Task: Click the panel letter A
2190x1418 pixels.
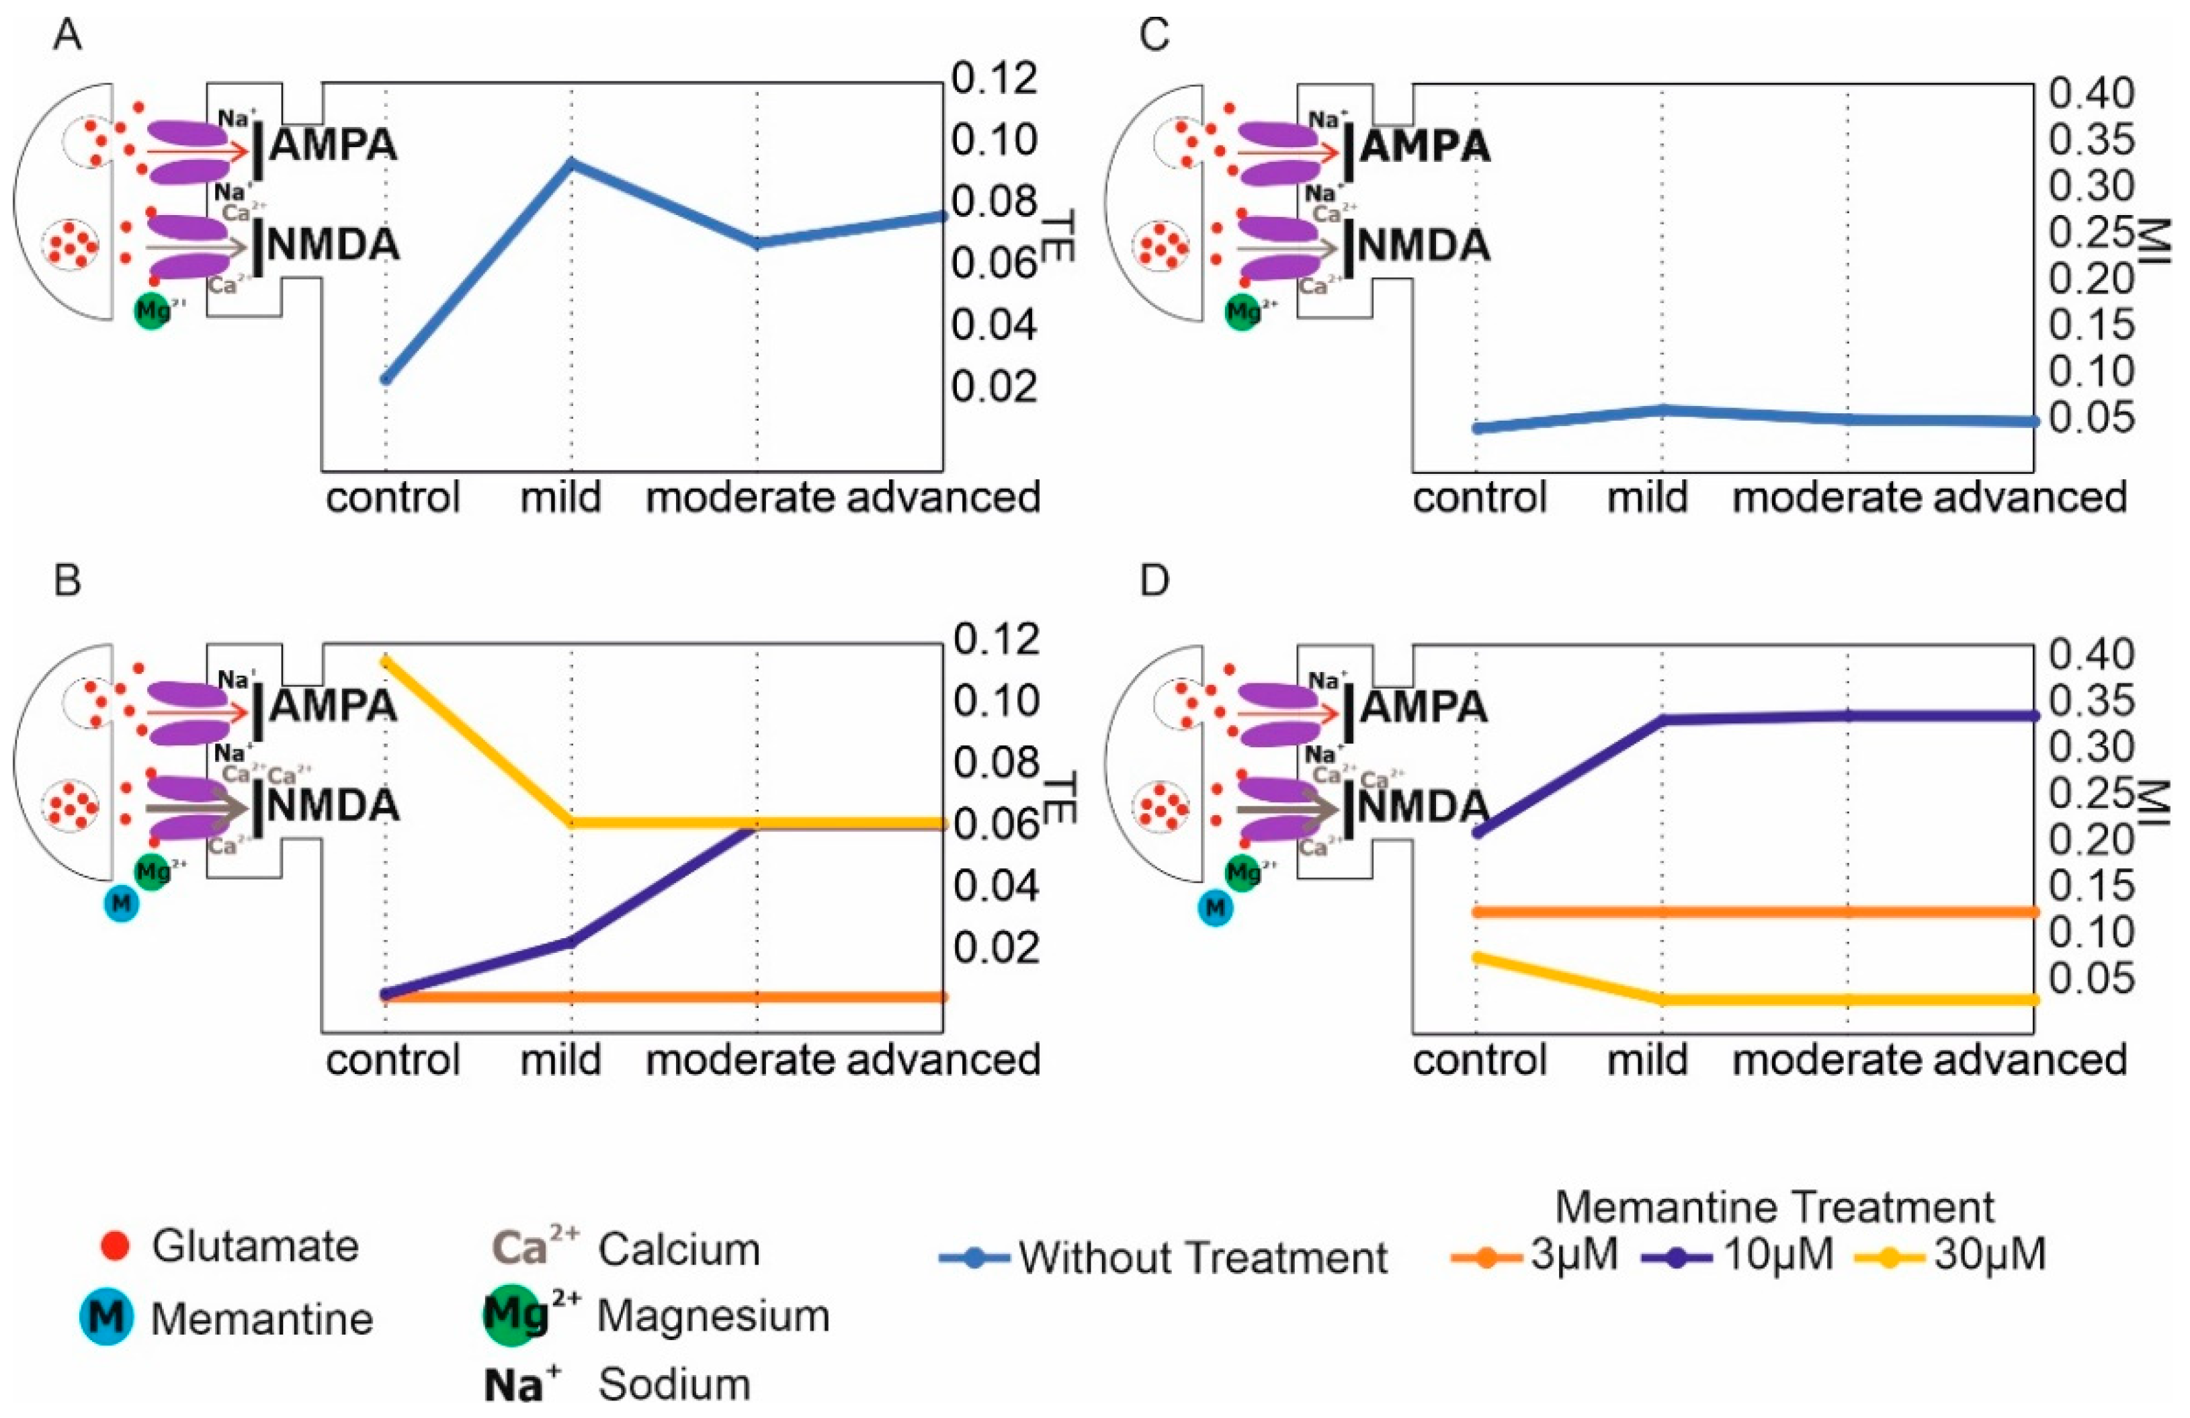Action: point(67,36)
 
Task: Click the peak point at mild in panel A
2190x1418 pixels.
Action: point(571,163)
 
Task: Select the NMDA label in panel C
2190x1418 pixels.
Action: point(1423,246)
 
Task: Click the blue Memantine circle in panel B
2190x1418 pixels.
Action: point(122,905)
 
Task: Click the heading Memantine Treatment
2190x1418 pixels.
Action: point(1774,1206)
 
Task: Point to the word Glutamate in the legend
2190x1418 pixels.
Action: point(255,1246)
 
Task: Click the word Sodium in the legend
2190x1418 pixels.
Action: point(675,1383)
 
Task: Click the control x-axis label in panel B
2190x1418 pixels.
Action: point(393,1060)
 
